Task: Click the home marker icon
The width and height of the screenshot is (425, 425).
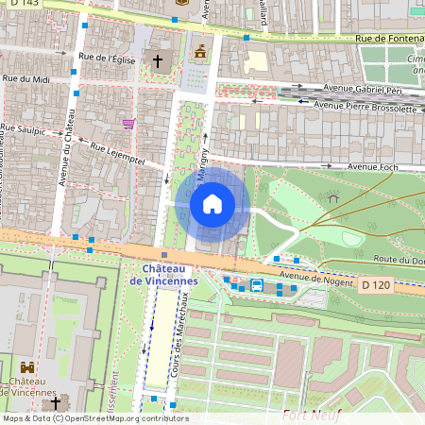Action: (212, 204)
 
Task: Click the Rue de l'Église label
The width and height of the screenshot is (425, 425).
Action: (108, 59)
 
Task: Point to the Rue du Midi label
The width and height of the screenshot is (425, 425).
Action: (25, 79)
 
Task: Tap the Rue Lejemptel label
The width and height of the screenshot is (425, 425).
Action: (117, 155)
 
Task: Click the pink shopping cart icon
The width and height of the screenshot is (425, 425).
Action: (128, 123)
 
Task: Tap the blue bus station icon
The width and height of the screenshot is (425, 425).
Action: (256, 287)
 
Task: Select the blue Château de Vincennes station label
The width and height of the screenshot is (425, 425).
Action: (163, 275)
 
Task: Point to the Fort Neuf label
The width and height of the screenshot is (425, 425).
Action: (306, 414)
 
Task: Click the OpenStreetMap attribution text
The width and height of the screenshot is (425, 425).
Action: (94, 418)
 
